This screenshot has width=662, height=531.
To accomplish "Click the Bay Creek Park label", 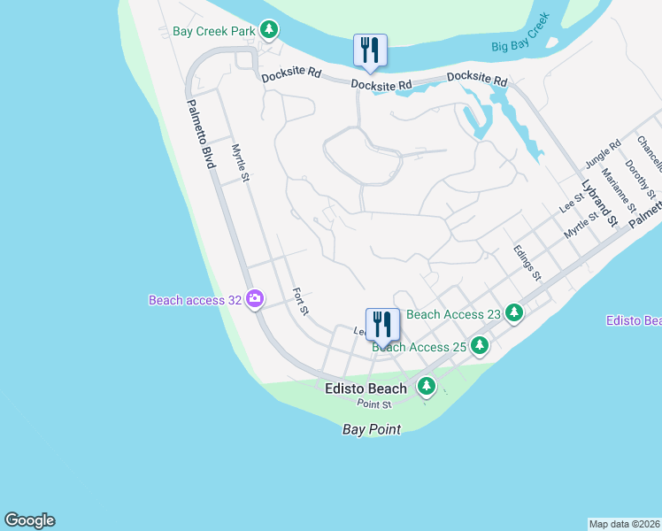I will point(213,31).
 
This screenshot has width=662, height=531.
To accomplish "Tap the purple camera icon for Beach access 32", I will point(255,299).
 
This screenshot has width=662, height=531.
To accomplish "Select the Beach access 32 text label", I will point(195,300).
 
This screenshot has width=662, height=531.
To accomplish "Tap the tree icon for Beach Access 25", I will point(480,345).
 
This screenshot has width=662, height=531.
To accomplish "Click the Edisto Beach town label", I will point(365,389).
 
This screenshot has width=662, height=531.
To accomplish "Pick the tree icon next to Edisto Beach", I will point(427,386).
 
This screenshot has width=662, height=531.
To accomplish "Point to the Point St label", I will point(374,404).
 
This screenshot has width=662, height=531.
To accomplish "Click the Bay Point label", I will point(372,429).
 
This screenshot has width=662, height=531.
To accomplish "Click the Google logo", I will point(29,520).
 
